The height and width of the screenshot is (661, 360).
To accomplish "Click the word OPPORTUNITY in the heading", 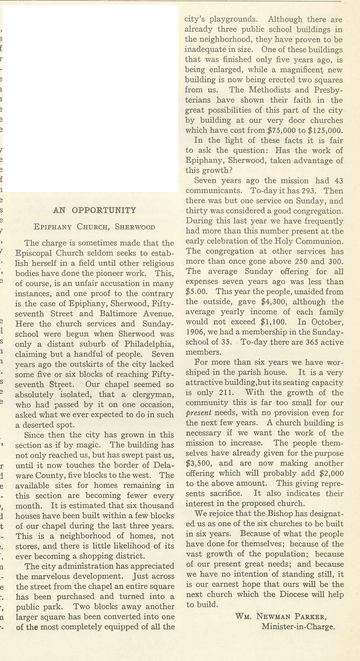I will tap(104, 210).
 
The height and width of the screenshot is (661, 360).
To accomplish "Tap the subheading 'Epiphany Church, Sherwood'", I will tap(95, 227).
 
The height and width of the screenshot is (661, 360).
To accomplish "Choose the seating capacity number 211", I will tap(226, 393).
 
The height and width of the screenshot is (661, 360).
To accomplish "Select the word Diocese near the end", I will tap(294, 594).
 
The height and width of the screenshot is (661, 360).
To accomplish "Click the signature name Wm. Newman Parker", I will tap(281, 616).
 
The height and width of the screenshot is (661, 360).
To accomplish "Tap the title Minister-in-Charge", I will tap(298, 627).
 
